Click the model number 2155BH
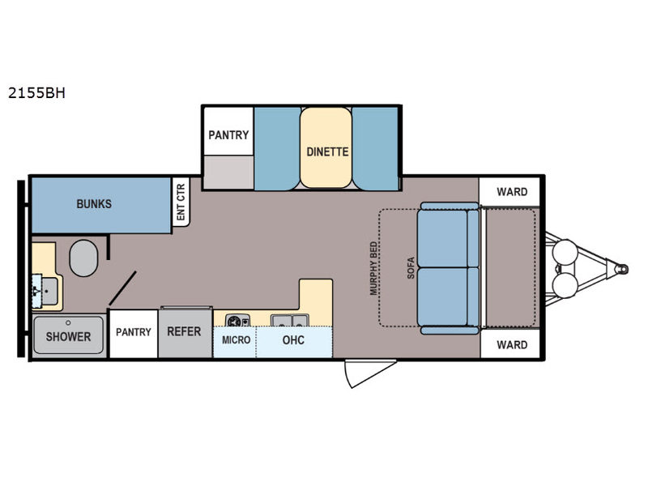(x=36, y=93)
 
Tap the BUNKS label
(x=94, y=204)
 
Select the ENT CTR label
(x=181, y=202)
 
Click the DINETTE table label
(x=327, y=151)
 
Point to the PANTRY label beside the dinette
(x=228, y=135)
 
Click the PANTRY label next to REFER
(x=134, y=332)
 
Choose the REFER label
(x=184, y=331)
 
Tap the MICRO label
(x=236, y=340)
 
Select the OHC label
(x=293, y=340)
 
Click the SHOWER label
(x=68, y=337)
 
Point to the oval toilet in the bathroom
(x=83, y=258)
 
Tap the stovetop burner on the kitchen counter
(x=237, y=321)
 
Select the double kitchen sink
(x=289, y=320)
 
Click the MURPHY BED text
(x=373, y=269)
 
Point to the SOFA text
(x=411, y=268)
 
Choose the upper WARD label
(x=512, y=192)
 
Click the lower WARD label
(x=512, y=345)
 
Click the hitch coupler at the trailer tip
(x=622, y=269)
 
